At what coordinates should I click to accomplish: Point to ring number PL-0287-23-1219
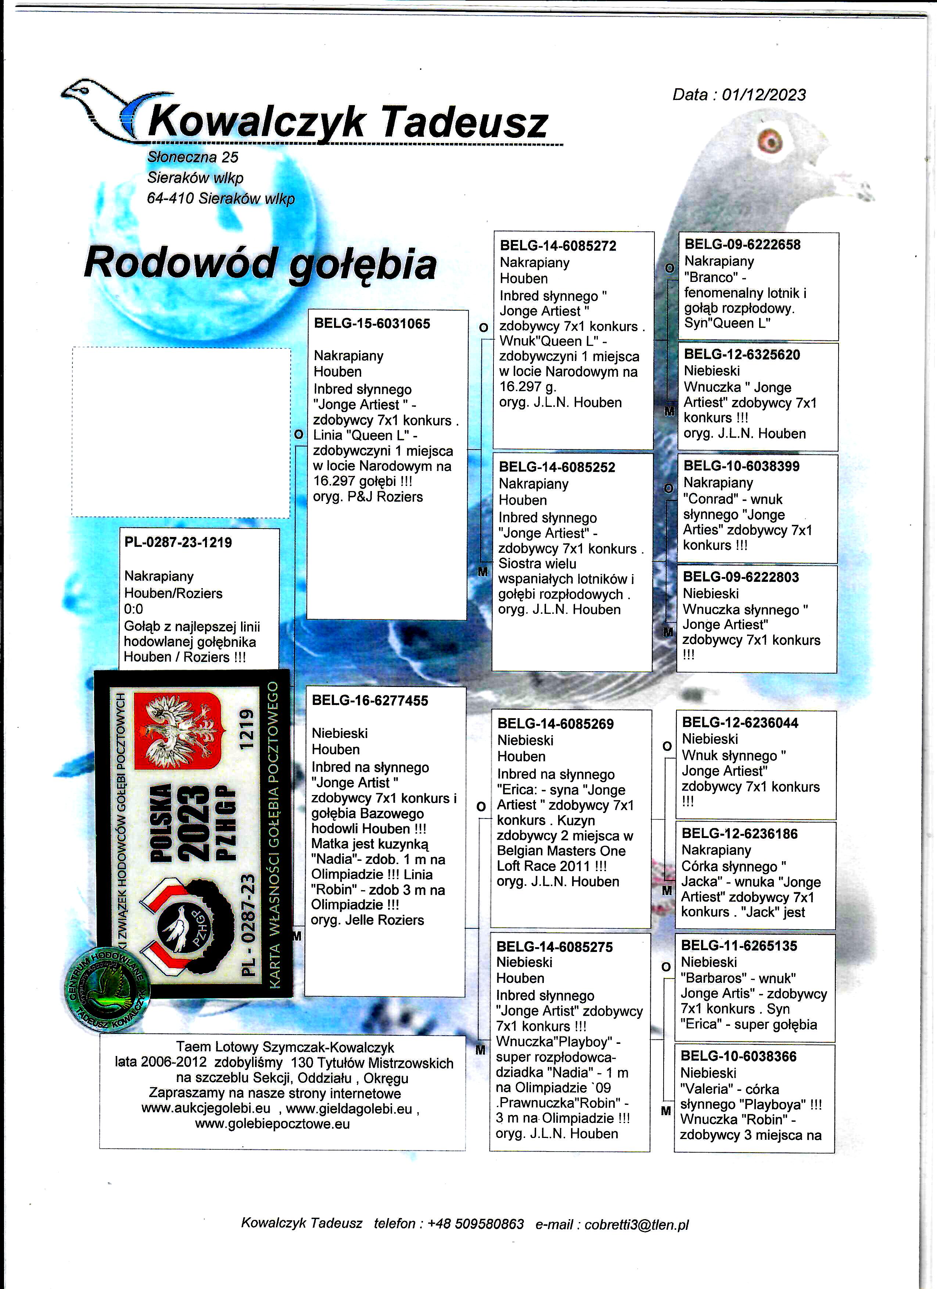click(178, 542)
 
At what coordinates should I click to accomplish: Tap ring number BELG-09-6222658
click(742, 244)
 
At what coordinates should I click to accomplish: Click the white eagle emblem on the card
click(177, 731)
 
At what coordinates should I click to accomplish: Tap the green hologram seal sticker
click(106, 989)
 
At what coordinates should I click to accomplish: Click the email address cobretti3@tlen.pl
click(636, 1224)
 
